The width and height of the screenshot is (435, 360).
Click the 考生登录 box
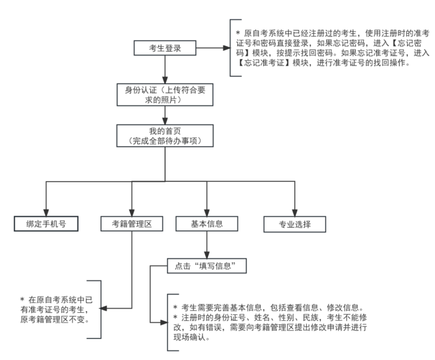[x=165, y=48]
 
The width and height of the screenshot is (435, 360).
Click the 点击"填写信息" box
[x=207, y=266]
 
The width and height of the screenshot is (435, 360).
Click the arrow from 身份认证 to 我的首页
[x=165, y=116]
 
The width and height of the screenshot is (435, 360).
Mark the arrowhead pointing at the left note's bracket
[x=106, y=308]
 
